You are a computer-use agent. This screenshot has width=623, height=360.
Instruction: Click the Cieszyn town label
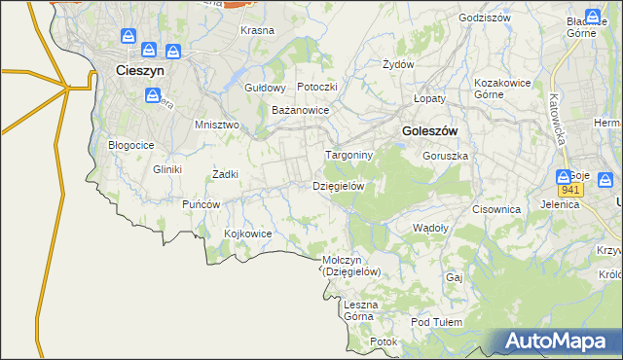[139, 70]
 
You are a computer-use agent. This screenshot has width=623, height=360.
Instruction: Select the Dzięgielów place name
[339, 185]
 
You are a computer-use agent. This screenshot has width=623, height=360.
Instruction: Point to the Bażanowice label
[301, 110]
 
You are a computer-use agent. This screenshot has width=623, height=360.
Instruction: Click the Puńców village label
[202, 204]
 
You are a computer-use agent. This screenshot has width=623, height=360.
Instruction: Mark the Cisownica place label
[496, 208]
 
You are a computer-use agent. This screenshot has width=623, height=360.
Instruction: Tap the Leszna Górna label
[360, 310]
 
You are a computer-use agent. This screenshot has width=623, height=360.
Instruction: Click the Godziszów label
[484, 18]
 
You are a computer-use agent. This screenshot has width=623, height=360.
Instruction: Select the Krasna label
[257, 30]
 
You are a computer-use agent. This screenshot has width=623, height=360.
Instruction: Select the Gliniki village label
[167, 169]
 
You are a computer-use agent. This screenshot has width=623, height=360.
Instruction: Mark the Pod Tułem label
[433, 322]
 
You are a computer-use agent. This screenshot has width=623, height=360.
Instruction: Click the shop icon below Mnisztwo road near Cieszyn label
[153, 95]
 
